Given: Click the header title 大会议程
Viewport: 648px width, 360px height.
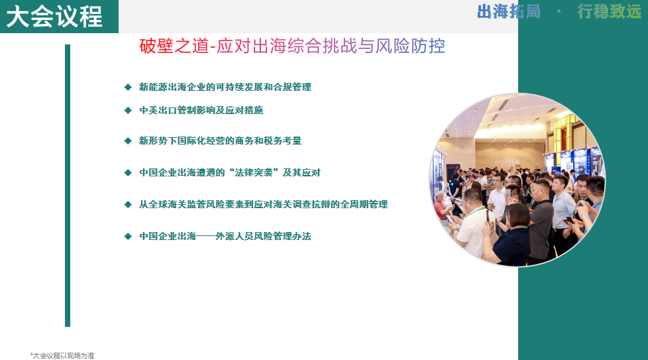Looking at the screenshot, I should coord(54,16).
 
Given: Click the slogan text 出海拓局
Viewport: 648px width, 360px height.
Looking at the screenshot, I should coord(509,12).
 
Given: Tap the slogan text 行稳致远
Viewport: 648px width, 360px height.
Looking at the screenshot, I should coord(609,12).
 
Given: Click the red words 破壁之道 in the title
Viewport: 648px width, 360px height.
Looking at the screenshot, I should coord(170,46).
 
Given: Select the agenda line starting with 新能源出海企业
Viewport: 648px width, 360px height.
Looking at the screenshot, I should coord(225,87).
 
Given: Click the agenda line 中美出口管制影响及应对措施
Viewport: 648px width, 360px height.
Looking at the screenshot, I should coord(201,110).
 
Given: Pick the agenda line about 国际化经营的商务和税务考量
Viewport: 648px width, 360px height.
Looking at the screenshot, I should coord(220,141).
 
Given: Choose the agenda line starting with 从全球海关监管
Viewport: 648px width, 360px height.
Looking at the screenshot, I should coord(263,204).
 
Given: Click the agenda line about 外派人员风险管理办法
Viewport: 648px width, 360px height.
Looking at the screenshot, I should coord(225,236).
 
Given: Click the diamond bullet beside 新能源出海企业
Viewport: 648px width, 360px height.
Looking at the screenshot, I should coord(128,87).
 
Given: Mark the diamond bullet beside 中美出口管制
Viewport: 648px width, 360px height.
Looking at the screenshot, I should coord(128,110).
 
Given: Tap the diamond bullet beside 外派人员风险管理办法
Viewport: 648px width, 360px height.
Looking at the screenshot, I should coord(128,236).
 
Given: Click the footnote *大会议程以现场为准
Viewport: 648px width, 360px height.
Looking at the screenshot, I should coord(62,355).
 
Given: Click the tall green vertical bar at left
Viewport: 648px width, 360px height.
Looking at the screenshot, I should coord(68,186).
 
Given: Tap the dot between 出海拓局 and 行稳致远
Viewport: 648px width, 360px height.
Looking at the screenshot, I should coord(559,12).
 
